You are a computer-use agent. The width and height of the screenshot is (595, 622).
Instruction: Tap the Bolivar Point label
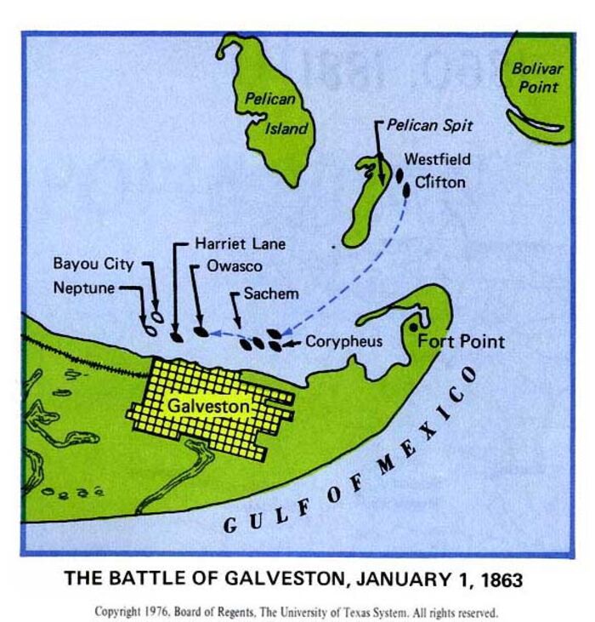coord(536,79)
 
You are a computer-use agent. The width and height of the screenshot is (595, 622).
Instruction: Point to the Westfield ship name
coord(437,159)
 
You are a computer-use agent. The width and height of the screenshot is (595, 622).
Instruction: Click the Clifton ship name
coord(439,181)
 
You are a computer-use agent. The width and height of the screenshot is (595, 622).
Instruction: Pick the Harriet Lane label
coord(241,243)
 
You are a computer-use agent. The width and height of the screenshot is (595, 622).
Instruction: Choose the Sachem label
coord(271,294)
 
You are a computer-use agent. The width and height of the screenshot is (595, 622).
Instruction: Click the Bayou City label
coord(93,263)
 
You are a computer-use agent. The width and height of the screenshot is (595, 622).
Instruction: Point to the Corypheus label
coord(343,341)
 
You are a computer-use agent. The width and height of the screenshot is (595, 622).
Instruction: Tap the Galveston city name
coord(209,408)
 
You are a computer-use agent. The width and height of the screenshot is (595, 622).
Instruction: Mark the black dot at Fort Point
coord(414,328)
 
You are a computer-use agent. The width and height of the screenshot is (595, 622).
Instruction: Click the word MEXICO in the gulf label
coord(425,430)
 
